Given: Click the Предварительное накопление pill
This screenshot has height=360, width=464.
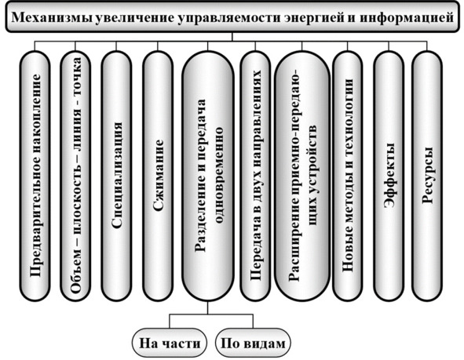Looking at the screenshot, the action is [35, 176].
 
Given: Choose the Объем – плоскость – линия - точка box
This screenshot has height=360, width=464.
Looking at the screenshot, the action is [75, 176].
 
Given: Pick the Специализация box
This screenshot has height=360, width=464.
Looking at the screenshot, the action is [116, 176].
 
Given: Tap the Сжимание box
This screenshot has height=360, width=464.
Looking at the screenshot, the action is [158, 176].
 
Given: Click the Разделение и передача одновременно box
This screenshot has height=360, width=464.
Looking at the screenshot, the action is [208, 176].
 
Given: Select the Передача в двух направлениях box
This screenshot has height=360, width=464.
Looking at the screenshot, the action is [255, 176].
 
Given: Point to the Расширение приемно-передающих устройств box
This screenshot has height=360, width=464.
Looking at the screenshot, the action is [301, 176].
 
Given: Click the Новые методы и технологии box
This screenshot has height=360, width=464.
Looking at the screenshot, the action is [347, 176].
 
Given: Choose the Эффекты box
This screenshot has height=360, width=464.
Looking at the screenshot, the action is [389, 176].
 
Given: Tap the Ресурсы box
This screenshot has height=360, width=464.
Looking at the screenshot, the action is [427, 176].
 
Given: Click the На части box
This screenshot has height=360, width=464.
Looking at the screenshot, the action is [170, 343].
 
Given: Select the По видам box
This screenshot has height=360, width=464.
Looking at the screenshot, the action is [253, 343].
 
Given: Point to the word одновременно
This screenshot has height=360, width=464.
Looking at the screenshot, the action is [219, 175].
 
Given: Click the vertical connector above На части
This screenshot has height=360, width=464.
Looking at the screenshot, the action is [170, 322].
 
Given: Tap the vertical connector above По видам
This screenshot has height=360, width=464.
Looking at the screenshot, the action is [253, 322].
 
